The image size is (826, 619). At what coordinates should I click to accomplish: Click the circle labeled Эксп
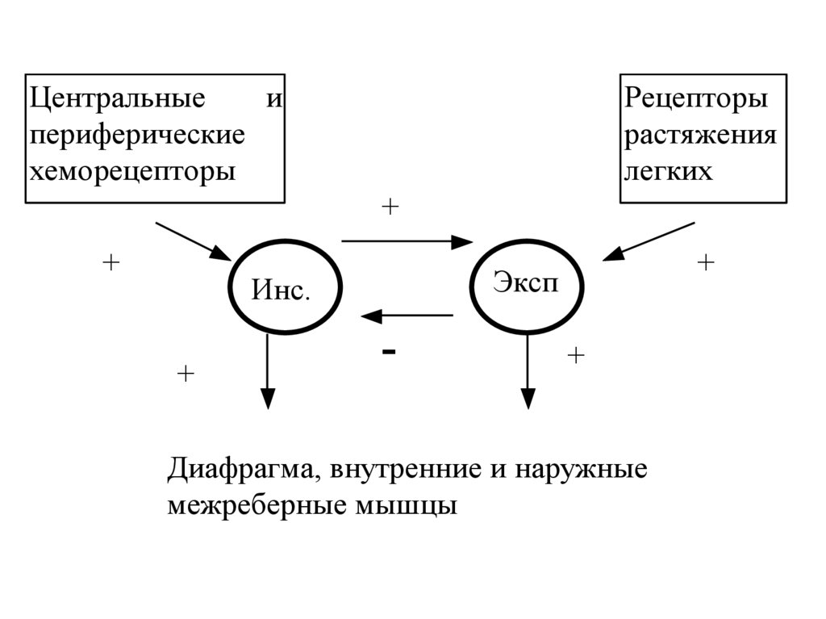click(x=526, y=287)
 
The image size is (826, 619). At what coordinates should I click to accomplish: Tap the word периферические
click(x=136, y=135)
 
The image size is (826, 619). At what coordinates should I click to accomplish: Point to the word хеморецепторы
click(x=132, y=171)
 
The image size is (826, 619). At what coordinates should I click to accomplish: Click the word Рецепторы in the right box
click(x=695, y=102)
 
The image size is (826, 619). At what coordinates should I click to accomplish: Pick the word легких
click(x=669, y=171)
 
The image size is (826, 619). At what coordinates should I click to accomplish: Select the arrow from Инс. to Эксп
click(x=407, y=240)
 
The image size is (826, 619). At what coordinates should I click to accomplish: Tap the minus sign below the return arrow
click(x=390, y=352)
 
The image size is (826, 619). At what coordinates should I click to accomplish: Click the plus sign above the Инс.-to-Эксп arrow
click(x=390, y=207)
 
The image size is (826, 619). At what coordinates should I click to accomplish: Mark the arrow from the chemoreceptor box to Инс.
click(x=193, y=240)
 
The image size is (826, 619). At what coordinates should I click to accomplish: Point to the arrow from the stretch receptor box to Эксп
click(x=649, y=241)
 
